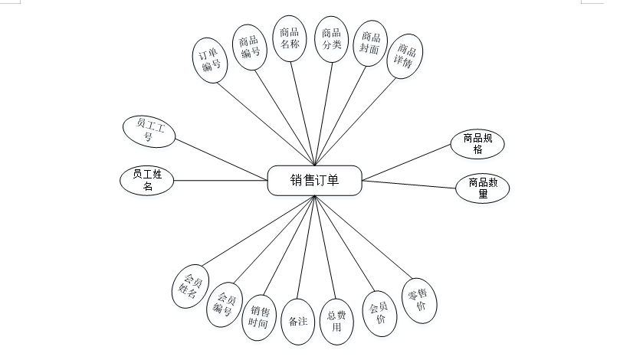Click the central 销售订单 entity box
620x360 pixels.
[x=314, y=181]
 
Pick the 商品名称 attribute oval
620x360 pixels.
[x=290, y=38]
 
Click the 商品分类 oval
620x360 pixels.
[x=331, y=38]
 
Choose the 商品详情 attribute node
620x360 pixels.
[x=405, y=57]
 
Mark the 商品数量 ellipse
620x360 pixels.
[x=483, y=188]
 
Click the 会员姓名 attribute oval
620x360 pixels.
[x=189, y=286]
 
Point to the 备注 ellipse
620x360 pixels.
[x=298, y=321]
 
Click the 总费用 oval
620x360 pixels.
[x=337, y=321]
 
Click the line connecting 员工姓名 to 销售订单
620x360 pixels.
[x=221, y=181]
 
